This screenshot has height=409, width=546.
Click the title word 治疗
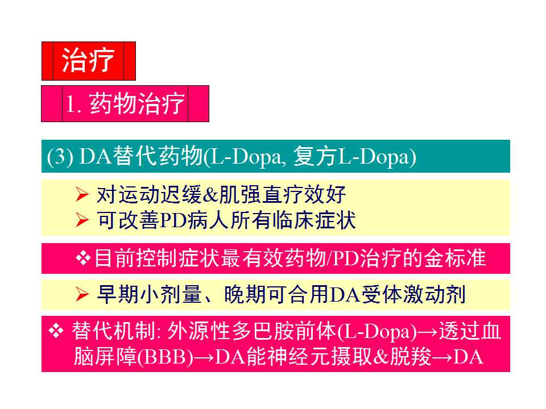point(88,60)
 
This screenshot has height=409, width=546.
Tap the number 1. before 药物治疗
point(75,105)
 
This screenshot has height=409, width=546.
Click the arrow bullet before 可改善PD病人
point(82,220)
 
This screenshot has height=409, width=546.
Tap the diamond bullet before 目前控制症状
point(83,258)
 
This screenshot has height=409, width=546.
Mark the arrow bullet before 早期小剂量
point(82,294)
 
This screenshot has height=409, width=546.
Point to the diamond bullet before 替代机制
point(56,332)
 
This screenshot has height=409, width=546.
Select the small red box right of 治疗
point(130,61)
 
